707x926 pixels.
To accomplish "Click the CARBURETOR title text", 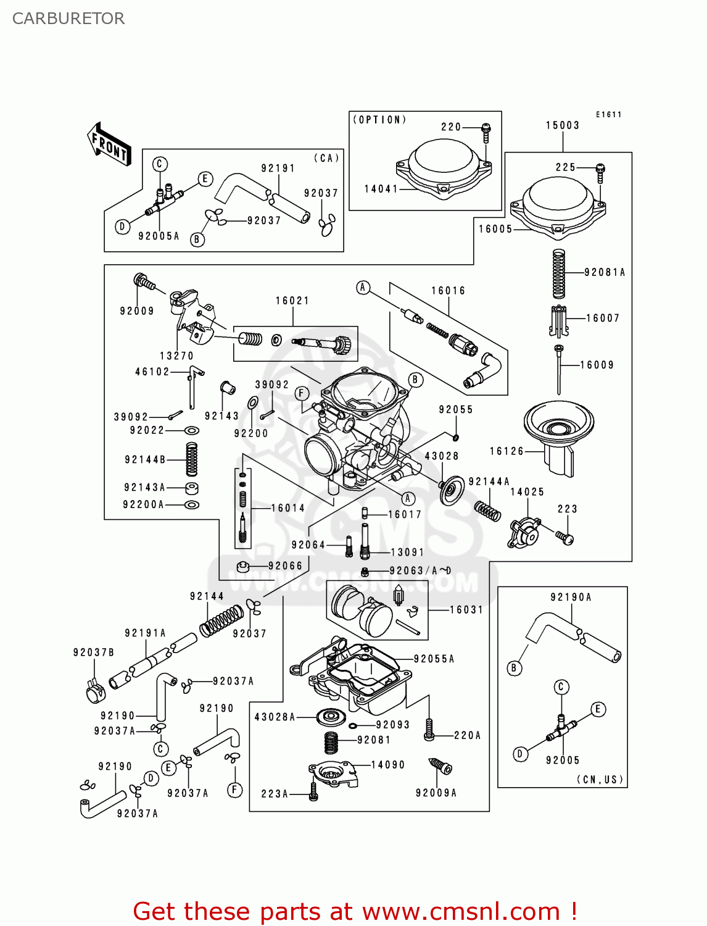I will click(x=68, y=19).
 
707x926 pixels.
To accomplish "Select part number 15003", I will click(x=562, y=125).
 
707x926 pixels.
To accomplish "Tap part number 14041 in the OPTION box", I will click(x=381, y=189).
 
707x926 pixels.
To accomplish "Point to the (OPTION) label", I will click(x=379, y=120).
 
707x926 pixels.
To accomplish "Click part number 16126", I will click(x=506, y=451).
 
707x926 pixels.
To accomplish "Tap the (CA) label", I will click(x=327, y=158).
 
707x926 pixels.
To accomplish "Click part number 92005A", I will click(x=159, y=236).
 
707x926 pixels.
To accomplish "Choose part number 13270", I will click(x=176, y=356).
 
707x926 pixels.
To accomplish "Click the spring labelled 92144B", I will click(x=192, y=459).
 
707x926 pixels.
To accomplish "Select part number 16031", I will click(x=466, y=610).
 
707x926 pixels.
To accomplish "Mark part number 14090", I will click(x=387, y=765).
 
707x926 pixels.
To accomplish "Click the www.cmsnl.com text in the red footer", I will click(x=461, y=912).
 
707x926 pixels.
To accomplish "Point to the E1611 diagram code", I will click(x=608, y=114).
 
